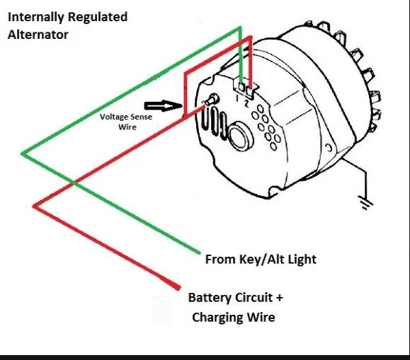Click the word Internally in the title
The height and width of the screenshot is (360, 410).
tap(36, 18)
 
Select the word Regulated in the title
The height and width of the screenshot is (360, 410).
tap(98, 18)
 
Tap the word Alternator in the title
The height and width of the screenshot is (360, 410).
tap(38, 35)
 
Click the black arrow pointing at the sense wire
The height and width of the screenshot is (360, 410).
tap(164, 105)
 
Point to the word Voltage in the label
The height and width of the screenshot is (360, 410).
tap(115, 117)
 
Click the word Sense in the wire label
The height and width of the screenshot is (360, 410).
tap(142, 117)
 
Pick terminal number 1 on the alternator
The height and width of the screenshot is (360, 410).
tap(237, 98)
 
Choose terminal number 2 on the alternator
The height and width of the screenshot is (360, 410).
tap(246, 103)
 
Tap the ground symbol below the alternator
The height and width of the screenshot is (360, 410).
tap(367, 203)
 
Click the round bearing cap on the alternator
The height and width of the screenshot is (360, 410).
tap(241, 136)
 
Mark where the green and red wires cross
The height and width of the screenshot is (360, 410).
tap(74, 183)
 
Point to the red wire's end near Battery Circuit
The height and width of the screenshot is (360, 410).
tap(177, 287)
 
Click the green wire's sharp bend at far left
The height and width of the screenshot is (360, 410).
tap(22, 154)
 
